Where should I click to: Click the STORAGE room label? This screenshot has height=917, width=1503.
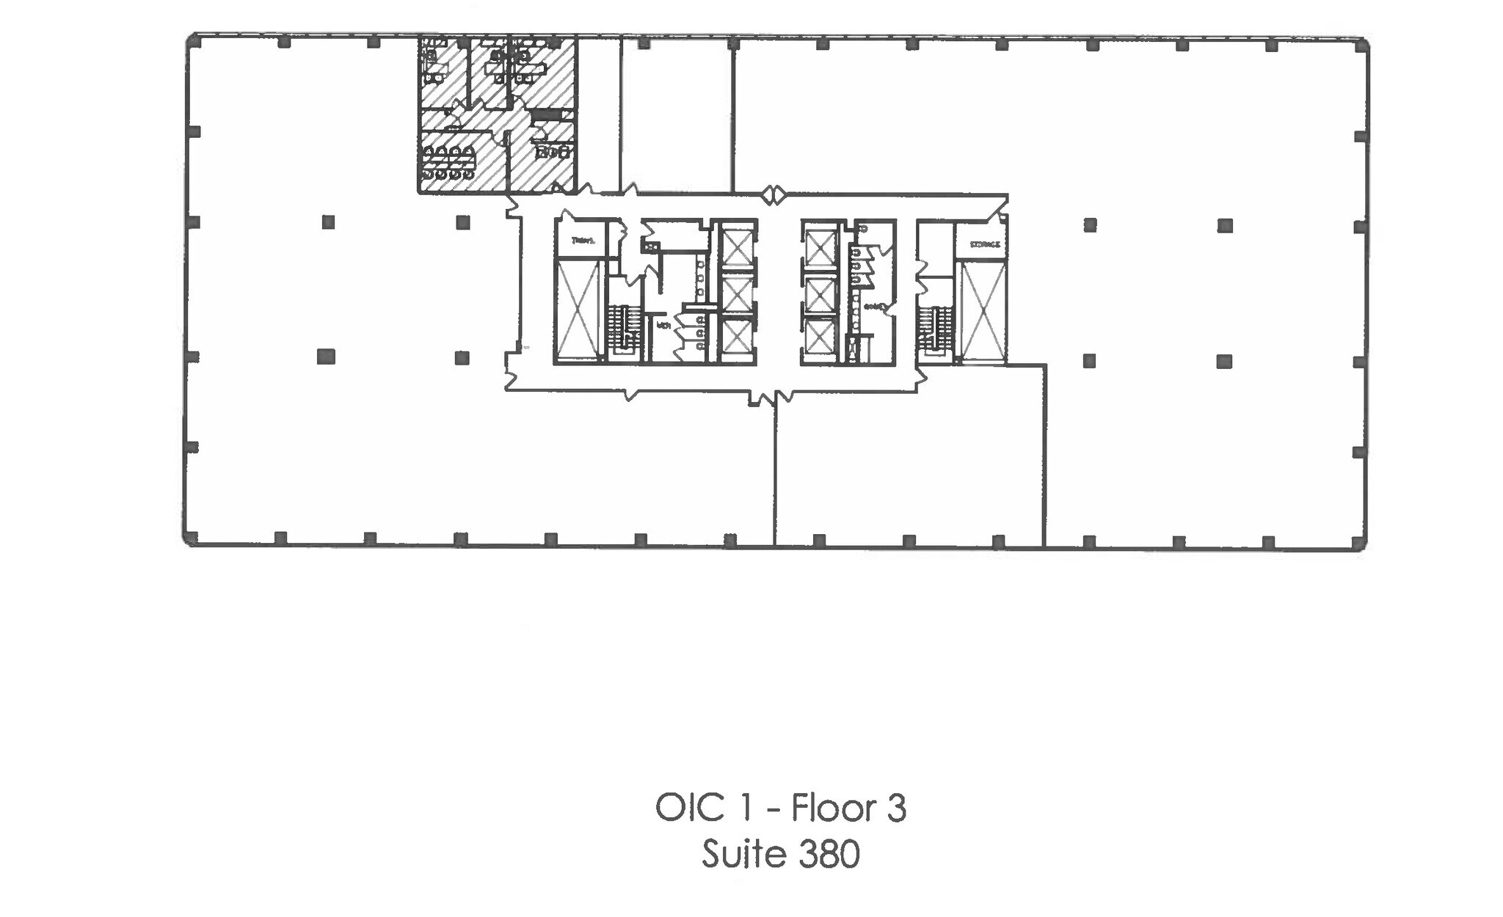click(x=984, y=244)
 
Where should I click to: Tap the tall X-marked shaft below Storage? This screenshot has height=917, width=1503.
click(x=982, y=313)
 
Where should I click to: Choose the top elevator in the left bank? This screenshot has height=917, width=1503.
click(x=736, y=248)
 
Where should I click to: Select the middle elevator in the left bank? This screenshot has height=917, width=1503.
click(x=736, y=294)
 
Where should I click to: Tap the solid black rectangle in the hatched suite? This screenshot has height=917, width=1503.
click(x=545, y=115)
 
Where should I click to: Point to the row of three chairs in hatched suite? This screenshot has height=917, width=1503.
click(x=553, y=153)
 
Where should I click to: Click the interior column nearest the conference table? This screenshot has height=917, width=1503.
click(x=462, y=222)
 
